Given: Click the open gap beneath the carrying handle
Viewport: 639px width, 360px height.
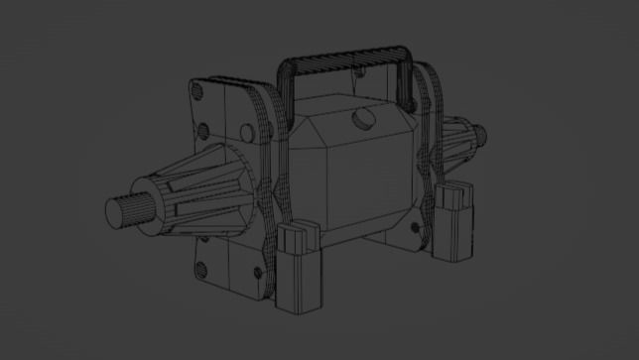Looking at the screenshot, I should point(347,79).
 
